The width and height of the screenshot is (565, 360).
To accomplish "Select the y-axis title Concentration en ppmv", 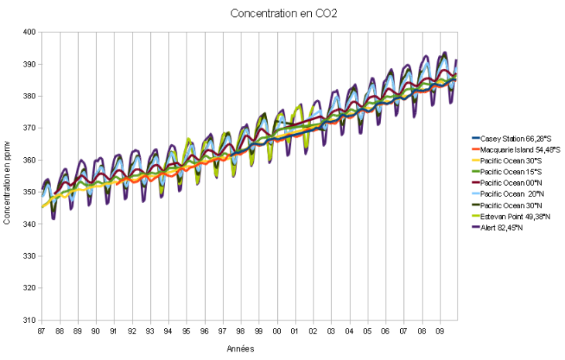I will click(7, 174).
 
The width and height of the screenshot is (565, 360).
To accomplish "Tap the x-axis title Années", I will click(239, 349).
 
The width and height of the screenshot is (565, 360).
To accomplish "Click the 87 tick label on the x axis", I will click(42, 331).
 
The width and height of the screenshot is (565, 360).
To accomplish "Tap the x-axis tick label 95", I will click(187, 331).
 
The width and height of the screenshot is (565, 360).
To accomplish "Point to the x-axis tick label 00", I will click(277, 331).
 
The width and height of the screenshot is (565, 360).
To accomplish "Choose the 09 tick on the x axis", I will click(440, 331).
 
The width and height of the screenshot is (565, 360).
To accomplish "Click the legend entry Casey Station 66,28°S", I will click(515, 137).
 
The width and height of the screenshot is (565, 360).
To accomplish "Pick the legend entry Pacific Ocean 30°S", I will click(508, 159).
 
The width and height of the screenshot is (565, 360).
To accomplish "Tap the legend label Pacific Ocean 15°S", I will click(508, 171).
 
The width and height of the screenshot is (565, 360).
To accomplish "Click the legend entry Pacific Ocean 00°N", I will click(508, 182).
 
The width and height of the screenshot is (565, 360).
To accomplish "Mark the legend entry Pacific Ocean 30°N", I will click(508, 204).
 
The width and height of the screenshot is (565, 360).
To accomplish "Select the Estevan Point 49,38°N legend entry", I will click(515, 216).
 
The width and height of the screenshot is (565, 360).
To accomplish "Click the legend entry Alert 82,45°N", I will click(502, 227).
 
